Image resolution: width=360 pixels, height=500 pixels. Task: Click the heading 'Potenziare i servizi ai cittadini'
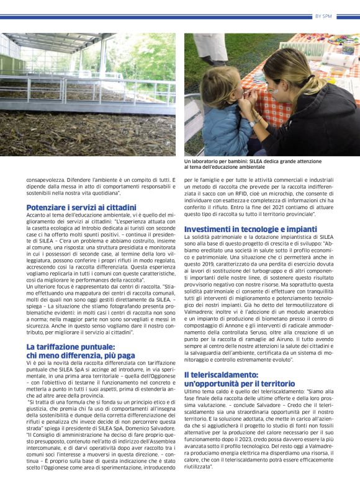[81, 207]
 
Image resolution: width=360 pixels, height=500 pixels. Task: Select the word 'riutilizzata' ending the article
[197, 467]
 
